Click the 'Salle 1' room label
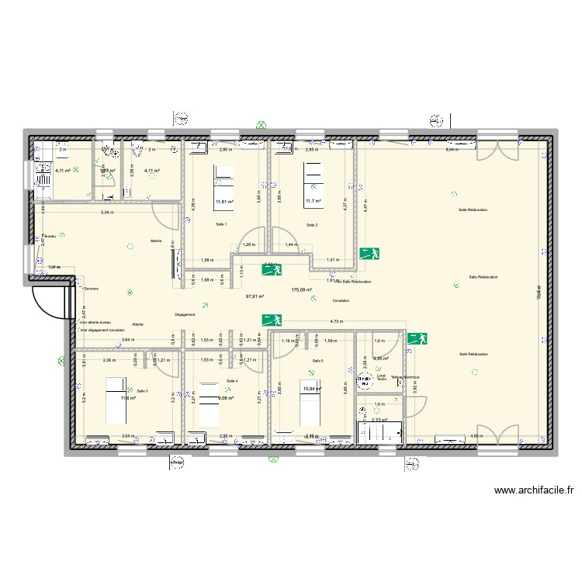coord(221,224)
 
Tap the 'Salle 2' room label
coord(312,225)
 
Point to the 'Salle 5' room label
coord(318,361)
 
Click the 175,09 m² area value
coord(301,290)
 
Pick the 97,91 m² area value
coord(255,296)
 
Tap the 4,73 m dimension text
coord(336,320)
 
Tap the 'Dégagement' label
coord(185,314)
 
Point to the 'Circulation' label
coord(341,300)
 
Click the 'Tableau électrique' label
coord(405,376)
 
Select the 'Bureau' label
coord(50,237)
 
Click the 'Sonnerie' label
coord(92,289)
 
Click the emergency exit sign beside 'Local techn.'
coord(419,338)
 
